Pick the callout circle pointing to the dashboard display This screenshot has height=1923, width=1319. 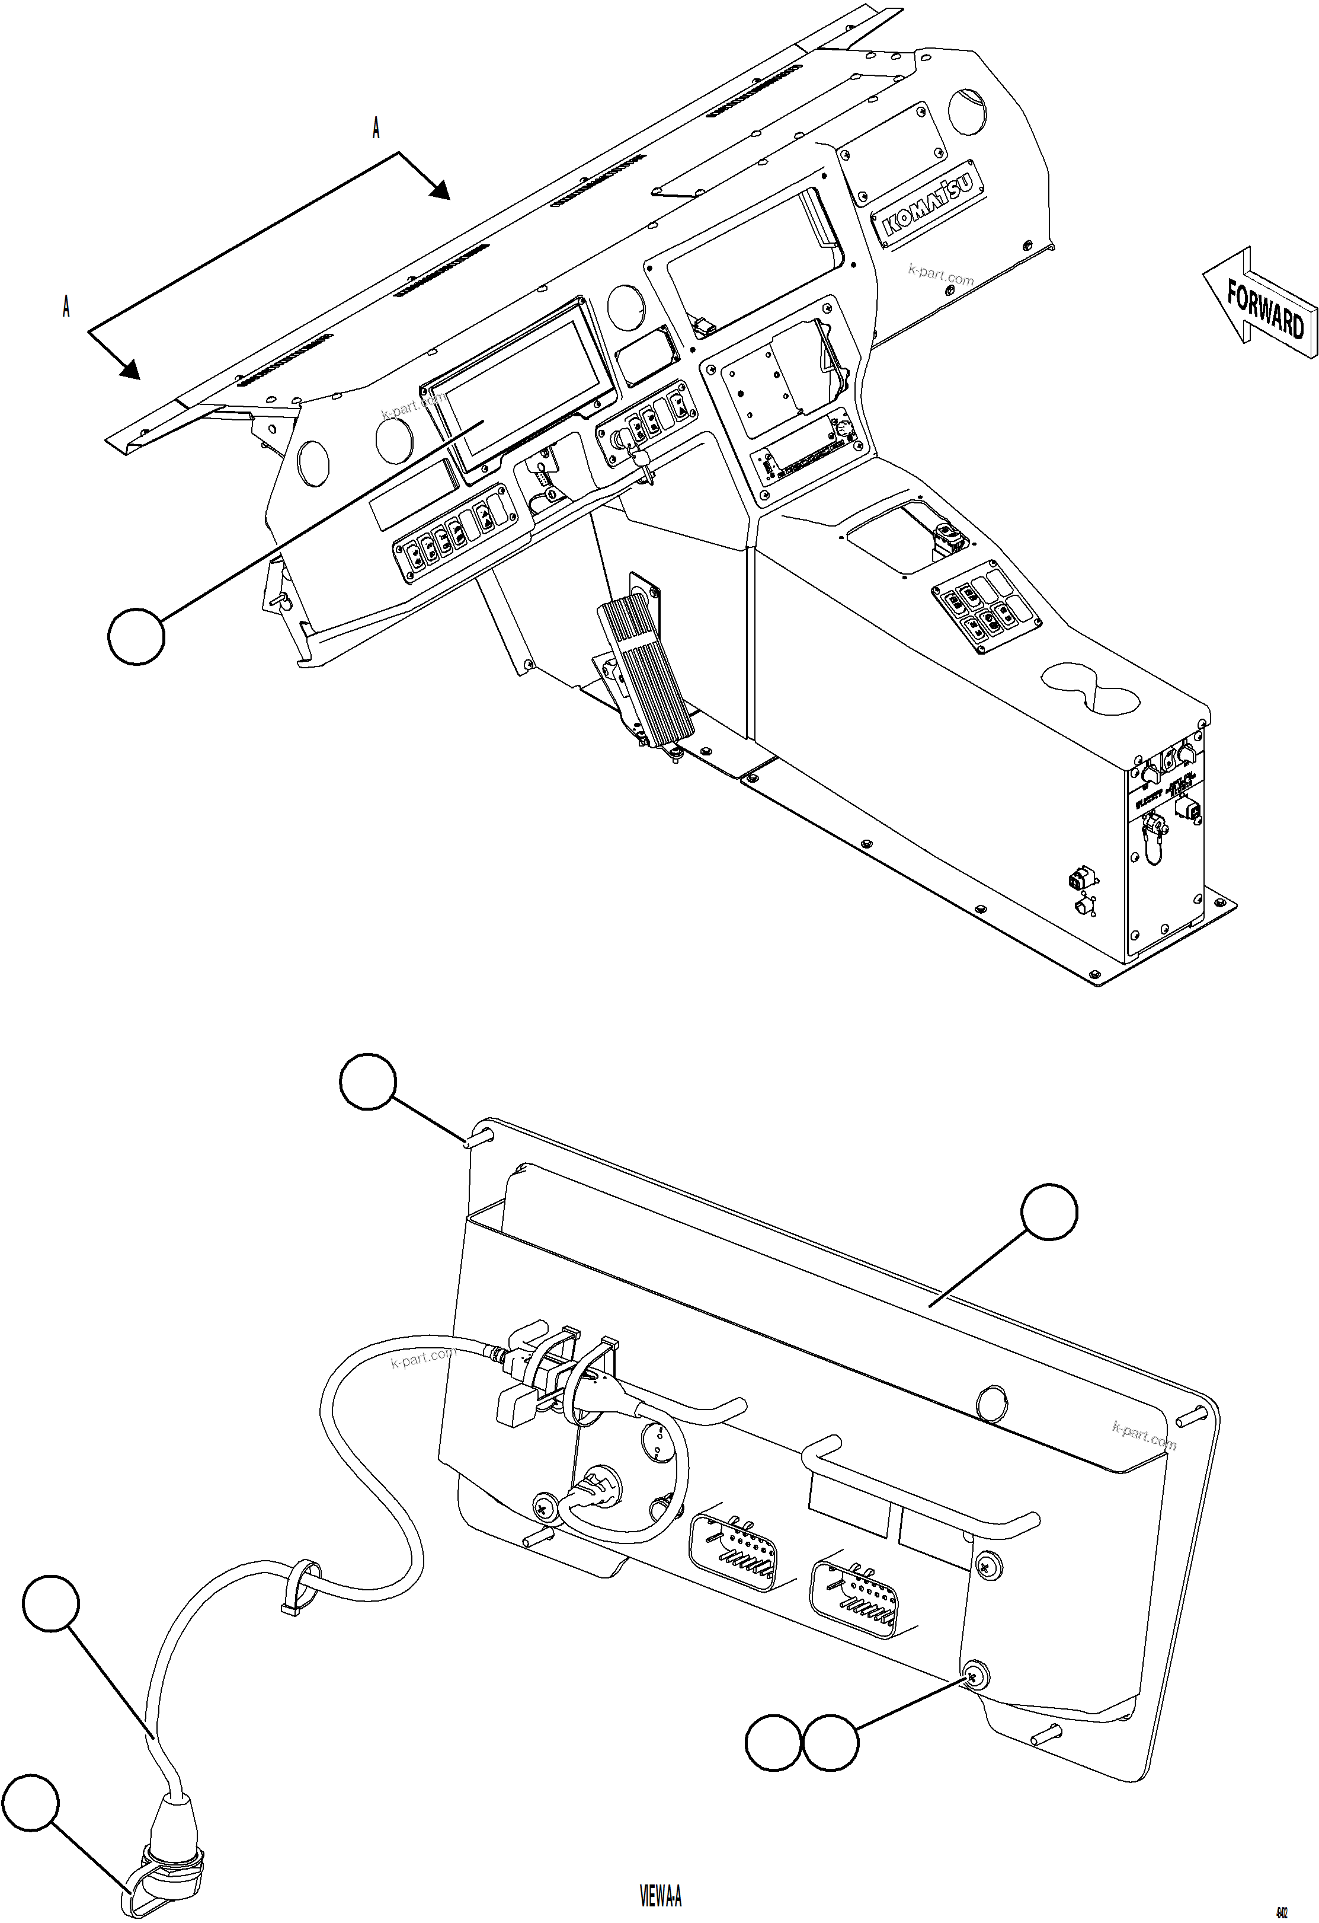click(x=136, y=636)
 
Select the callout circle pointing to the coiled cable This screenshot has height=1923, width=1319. click(x=52, y=1603)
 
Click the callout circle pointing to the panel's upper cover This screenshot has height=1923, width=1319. click(x=1049, y=1213)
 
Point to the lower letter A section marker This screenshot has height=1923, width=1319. click(x=66, y=307)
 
